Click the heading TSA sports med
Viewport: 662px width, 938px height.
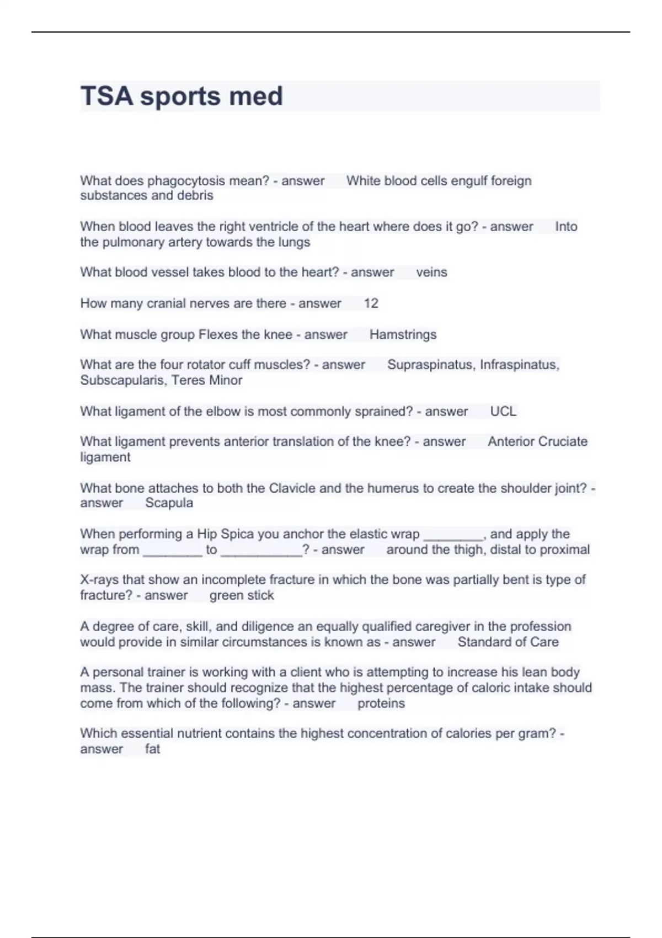pyautogui.click(x=181, y=96)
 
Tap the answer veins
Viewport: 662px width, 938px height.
pyautogui.click(x=431, y=272)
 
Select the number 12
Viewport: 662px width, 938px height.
pyautogui.click(x=371, y=303)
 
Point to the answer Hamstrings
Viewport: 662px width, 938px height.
pyautogui.click(x=403, y=334)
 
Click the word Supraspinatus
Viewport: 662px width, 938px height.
pyautogui.click(x=430, y=365)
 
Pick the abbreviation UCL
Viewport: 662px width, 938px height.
pyautogui.click(x=503, y=412)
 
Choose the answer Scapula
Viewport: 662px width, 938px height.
pyautogui.click(x=169, y=503)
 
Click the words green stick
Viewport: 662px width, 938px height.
pyautogui.click(x=242, y=595)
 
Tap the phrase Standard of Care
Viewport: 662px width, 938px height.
pyautogui.click(x=508, y=642)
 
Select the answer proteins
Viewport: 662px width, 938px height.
pyautogui.click(x=381, y=703)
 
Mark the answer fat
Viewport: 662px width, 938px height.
pyautogui.click(x=152, y=749)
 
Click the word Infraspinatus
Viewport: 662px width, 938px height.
pyautogui.click(x=519, y=365)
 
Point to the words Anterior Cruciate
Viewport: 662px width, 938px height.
pyautogui.click(x=537, y=442)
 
